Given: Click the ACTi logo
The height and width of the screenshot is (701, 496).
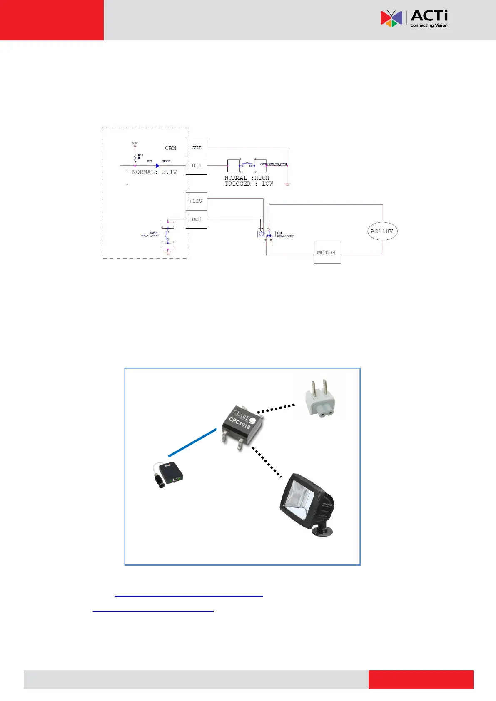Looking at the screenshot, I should click(x=414, y=19).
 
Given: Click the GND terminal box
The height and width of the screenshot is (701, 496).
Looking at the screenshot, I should click(x=197, y=148).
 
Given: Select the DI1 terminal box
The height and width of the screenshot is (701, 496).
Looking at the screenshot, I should click(x=197, y=166).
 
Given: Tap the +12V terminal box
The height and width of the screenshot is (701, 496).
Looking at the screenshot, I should click(x=196, y=201).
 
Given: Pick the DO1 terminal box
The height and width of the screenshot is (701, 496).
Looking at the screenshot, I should click(x=197, y=219).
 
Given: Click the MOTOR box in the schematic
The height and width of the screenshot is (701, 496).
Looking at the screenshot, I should click(x=327, y=253).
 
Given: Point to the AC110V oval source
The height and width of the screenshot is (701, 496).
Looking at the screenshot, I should click(x=382, y=231).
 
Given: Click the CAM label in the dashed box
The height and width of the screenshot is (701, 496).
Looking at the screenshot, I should click(x=170, y=148).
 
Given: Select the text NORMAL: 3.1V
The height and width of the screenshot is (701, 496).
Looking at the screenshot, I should click(x=154, y=172).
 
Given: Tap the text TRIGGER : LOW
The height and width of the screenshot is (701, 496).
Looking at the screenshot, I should click(x=249, y=184).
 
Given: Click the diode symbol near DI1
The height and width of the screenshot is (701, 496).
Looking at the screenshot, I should click(x=157, y=166).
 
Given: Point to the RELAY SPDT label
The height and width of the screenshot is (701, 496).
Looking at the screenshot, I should click(x=285, y=236).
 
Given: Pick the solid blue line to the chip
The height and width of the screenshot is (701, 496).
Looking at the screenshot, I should click(x=192, y=443).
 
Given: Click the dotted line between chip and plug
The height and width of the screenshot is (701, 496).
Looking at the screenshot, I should click(x=276, y=408).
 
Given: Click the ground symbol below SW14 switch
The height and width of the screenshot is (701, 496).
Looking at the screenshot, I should click(x=168, y=252).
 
